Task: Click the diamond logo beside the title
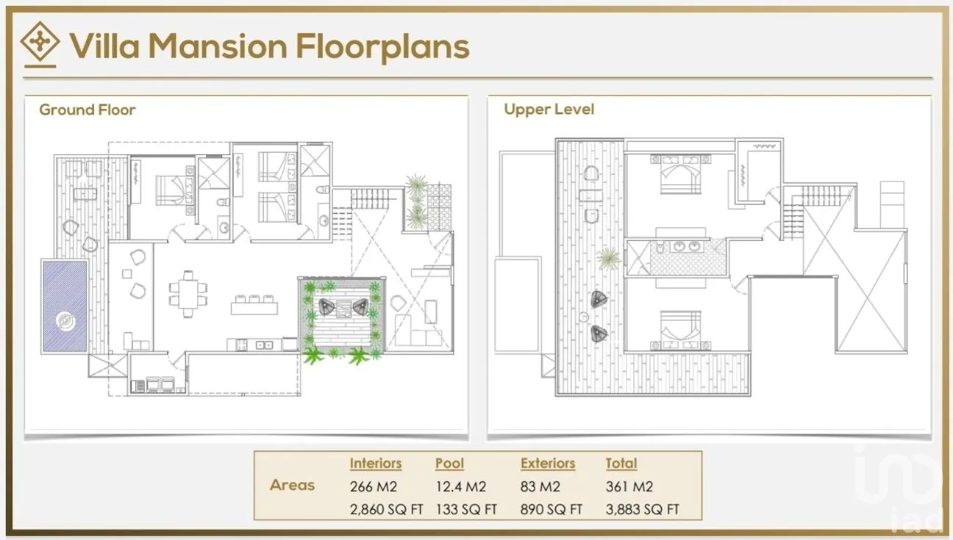tap(40, 42)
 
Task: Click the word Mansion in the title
tap(218, 46)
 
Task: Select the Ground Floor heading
tap(88, 109)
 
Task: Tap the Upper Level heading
tap(549, 109)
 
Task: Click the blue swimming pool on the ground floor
tap(65, 306)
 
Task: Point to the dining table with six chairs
tap(188, 294)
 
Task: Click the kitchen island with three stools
tap(254, 305)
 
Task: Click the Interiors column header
tap(375, 463)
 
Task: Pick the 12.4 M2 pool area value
tap(460, 486)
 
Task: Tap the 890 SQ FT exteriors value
tap(551, 509)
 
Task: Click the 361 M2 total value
tap(629, 486)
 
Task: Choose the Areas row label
tap(292, 485)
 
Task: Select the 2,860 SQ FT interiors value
tap(386, 509)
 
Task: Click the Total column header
tap(621, 463)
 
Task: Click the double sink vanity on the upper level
tap(686, 247)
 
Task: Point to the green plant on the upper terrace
tap(608, 258)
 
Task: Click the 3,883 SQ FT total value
tap(642, 509)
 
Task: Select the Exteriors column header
tap(548, 463)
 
